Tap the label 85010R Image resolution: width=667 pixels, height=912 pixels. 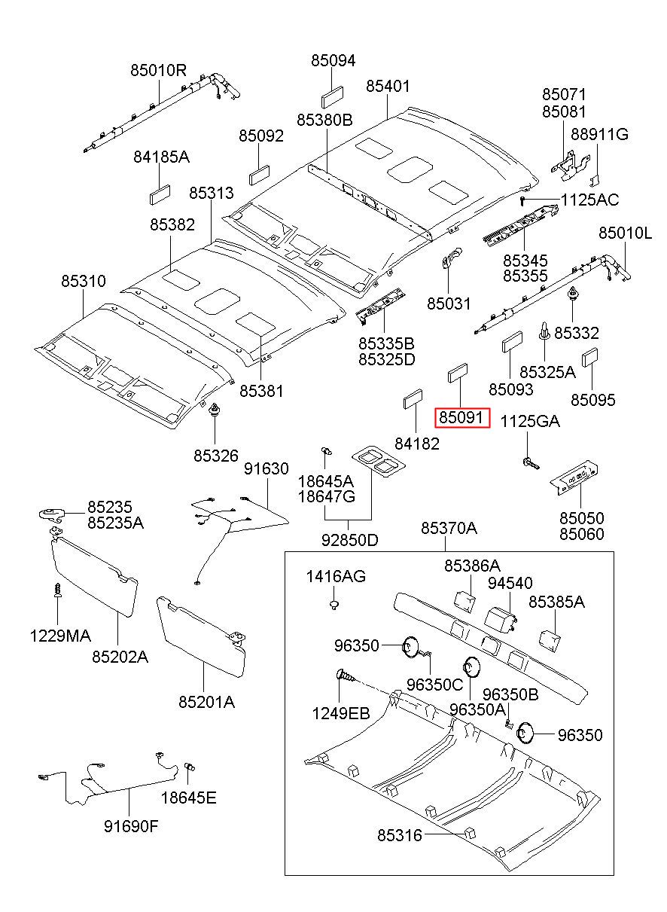[x=158, y=71]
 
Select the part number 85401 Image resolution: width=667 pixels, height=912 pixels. [x=388, y=86]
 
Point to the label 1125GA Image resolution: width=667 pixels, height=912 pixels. [x=530, y=422]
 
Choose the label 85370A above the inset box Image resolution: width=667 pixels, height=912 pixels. [x=449, y=528]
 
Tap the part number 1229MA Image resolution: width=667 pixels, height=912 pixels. [x=60, y=636]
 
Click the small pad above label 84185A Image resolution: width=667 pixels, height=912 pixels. [x=160, y=194]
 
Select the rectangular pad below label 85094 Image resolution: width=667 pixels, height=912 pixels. [x=332, y=98]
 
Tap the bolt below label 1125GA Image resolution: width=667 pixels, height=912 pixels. [x=530, y=462]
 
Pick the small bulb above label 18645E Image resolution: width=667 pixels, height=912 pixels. [x=190, y=767]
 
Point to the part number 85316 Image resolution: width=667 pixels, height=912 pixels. [x=400, y=835]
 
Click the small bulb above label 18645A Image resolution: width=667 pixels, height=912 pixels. [x=326, y=450]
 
